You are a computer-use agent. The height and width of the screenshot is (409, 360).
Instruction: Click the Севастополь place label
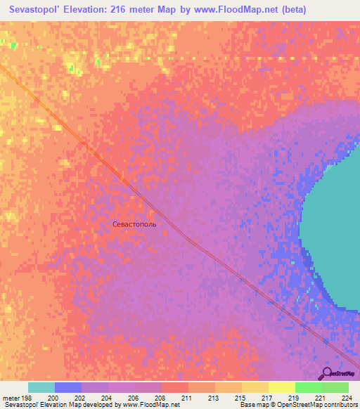[139, 224]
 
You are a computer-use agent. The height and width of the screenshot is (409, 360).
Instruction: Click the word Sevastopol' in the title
[39, 9]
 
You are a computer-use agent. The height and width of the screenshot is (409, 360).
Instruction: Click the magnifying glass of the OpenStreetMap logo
[326, 373]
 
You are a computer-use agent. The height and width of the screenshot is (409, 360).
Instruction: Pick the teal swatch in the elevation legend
[41, 387]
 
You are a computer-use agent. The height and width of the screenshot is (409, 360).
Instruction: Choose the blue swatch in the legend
[68, 387]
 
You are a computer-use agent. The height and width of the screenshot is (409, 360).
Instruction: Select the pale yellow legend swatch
[282, 387]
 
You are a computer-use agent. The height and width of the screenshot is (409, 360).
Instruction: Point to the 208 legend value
[160, 398]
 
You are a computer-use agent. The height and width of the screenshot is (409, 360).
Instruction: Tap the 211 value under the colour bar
[186, 398]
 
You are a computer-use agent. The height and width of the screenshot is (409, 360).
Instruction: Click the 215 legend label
[240, 398]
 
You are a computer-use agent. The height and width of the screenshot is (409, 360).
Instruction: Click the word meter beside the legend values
[11, 398]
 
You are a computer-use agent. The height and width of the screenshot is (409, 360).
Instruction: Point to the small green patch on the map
[13, 46]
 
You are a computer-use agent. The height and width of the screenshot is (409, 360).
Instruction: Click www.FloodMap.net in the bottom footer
[150, 405]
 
